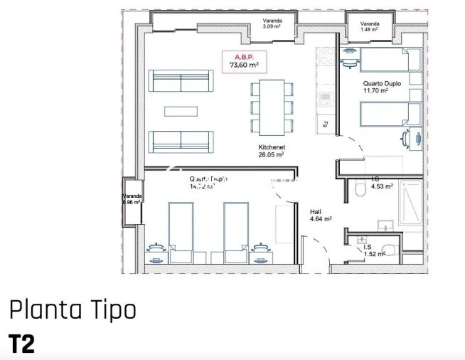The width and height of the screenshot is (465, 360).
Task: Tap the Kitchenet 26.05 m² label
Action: (x=271, y=150)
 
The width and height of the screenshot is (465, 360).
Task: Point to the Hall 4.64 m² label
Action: (x=321, y=215)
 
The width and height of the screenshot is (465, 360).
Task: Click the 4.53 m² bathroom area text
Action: (x=382, y=187)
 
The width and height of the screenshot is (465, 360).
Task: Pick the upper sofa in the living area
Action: (x=181, y=80)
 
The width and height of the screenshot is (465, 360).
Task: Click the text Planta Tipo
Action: (x=71, y=311)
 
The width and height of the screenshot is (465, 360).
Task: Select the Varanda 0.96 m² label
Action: (x=132, y=198)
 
